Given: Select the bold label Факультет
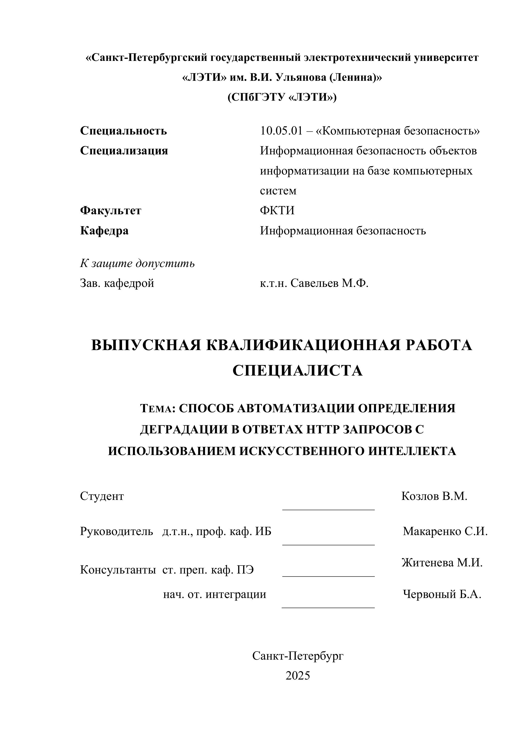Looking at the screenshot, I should [111, 211].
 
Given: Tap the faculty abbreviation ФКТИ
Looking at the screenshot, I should [277, 211].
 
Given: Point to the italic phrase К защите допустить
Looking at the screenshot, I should [137, 263].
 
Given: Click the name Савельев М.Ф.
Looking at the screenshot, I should [329, 283].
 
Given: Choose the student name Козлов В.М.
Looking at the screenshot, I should [434, 496].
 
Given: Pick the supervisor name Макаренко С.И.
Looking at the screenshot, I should [445, 531].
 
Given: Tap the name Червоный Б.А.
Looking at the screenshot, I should [442, 594].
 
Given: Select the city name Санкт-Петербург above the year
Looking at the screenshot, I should [298, 656].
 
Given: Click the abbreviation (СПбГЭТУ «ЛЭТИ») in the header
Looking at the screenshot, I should [282, 97].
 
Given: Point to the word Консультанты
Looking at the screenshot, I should [118, 570].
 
